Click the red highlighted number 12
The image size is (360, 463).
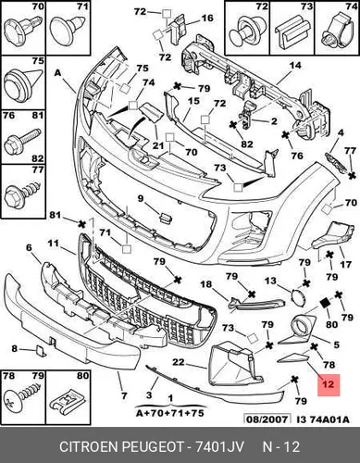click(x=329, y=384)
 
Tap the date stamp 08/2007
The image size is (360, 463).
click(x=267, y=419)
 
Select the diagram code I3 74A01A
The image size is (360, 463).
click(x=323, y=419)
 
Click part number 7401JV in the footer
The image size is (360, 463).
click(x=219, y=446)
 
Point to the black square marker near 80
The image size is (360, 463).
click(x=325, y=303)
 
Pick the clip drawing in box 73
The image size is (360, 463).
click(x=292, y=32)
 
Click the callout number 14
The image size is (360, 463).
click(x=295, y=66)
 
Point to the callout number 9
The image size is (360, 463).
click(x=141, y=198)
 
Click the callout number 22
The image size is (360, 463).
click(x=179, y=361)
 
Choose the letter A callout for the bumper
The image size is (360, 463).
click(x=57, y=73)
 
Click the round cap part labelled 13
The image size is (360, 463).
click(x=298, y=297)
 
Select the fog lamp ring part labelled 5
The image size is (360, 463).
click(x=298, y=331)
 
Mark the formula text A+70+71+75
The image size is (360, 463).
click(x=170, y=413)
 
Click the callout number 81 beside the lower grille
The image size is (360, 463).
click(x=55, y=215)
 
